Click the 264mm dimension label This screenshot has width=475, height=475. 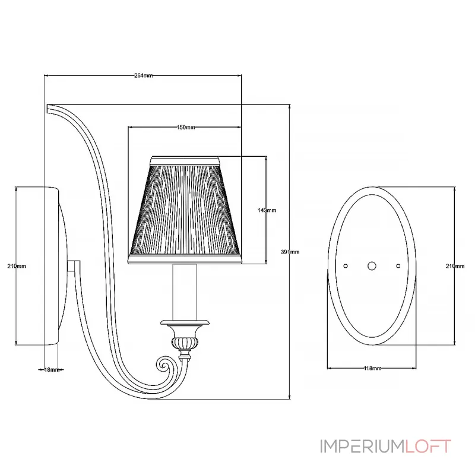point(143,75)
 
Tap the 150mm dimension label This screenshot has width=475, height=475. point(186,127)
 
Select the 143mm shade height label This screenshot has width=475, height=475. point(267,210)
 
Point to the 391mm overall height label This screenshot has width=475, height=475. point(290,252)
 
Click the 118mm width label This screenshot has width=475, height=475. point(372,368)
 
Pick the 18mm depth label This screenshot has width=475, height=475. point(52,369)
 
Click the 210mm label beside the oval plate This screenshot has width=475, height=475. point(455,266)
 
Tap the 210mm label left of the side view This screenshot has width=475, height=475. point(17,266)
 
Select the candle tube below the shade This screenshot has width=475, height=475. point(185,292)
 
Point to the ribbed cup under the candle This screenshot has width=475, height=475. point(185,343)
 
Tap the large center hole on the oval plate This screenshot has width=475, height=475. point(372,266)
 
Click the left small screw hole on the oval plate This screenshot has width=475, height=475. point(346,266)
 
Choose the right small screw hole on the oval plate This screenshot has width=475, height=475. point(398,266)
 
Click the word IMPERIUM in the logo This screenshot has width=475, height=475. point(362,446)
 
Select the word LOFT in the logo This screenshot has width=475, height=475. point(428,446)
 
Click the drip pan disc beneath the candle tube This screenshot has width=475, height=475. point(185,322)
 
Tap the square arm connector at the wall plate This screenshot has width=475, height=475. point(74,266)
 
